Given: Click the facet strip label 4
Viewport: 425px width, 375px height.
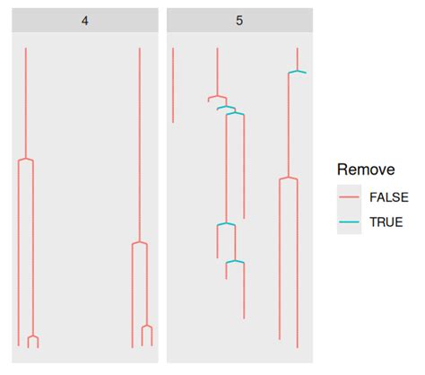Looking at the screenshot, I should tap(84, 20).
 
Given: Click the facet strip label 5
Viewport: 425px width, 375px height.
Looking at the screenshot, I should tap(239, 20).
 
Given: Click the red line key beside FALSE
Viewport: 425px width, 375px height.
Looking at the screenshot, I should tap(350, 196).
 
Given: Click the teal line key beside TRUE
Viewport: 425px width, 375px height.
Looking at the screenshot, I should tap(350, 222).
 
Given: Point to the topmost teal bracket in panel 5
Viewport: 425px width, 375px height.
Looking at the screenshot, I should tap(297, 72).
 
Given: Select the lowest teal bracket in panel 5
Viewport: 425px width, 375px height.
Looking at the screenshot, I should tap(235, 262).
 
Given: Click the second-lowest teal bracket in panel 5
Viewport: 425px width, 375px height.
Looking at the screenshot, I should tap(226, 223).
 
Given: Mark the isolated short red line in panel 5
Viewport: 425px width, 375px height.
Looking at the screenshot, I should tap(173, 85).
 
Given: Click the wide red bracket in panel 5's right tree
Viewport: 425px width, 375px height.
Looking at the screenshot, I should tap(288, 179).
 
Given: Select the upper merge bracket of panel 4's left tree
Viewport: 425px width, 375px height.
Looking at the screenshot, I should tap(26, 159).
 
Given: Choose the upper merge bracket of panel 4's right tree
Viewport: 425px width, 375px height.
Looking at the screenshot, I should tap(140, 243).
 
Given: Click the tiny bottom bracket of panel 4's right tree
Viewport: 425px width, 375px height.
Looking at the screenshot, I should tap(147, 327).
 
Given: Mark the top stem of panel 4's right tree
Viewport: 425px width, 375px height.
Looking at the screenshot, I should tap(140, 144).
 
